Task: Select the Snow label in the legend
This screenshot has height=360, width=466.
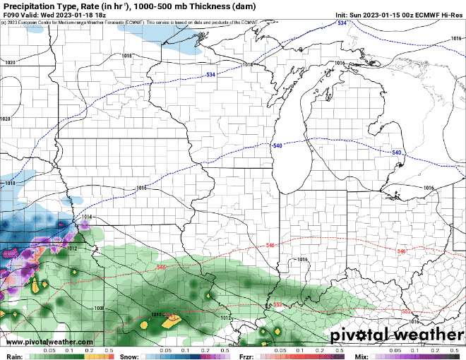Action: [x=129, y=356]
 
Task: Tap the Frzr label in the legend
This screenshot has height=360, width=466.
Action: [x=246, y=356]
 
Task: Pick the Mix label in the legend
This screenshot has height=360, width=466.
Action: [x=361, y=356]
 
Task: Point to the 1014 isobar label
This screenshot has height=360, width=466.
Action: [x=86, y=217]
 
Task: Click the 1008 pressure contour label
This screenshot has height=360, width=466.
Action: [x=98, y=308]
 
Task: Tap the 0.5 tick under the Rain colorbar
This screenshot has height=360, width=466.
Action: [x=109, y=350]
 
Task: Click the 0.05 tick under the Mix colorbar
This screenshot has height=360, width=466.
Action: [x=395, y=350]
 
